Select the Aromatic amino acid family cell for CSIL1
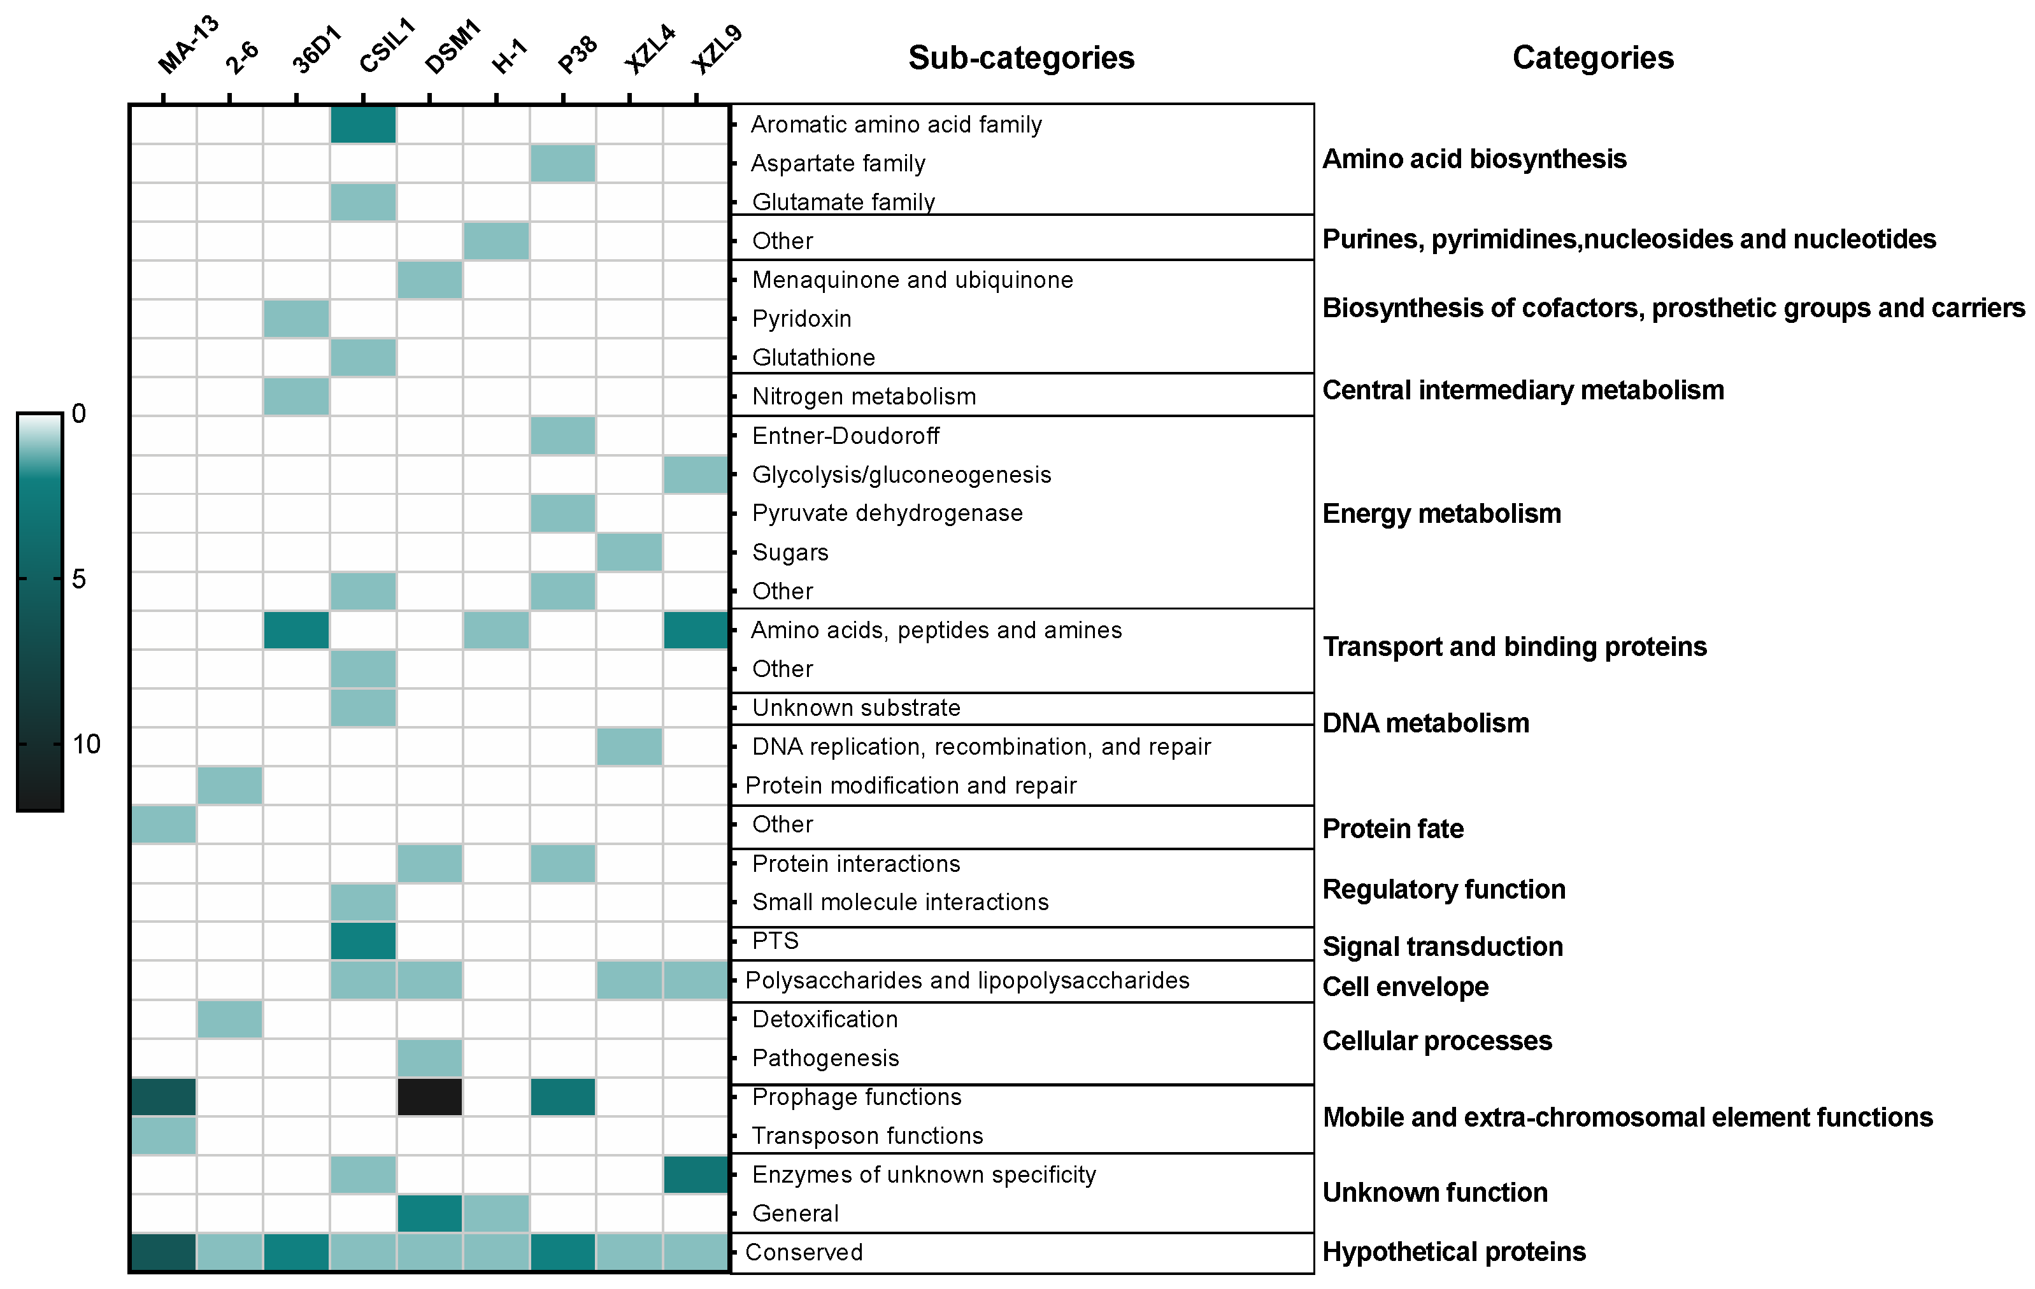pos(362,124)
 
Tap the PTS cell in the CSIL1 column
pos(362,941)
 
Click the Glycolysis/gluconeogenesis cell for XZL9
pos(696,474)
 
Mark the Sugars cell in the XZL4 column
pos(629,552)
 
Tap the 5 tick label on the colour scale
pos(78,579)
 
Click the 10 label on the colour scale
pos(85,744)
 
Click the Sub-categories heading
pos(1021,57)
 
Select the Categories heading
pos(1592,57)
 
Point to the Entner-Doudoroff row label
pos(845,436)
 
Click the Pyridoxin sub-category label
pos(801,318)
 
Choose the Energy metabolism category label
pos(1441,513)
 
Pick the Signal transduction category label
pos(1442,946)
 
